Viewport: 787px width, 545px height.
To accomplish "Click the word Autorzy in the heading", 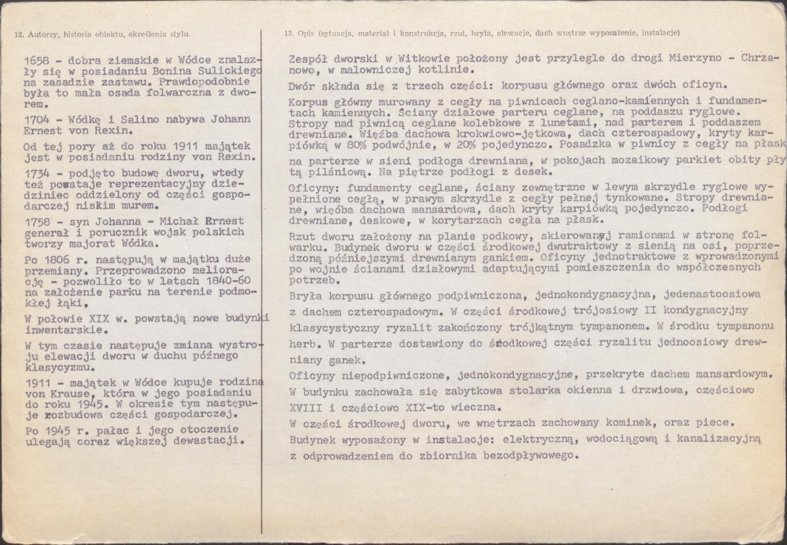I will click(43, 32).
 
